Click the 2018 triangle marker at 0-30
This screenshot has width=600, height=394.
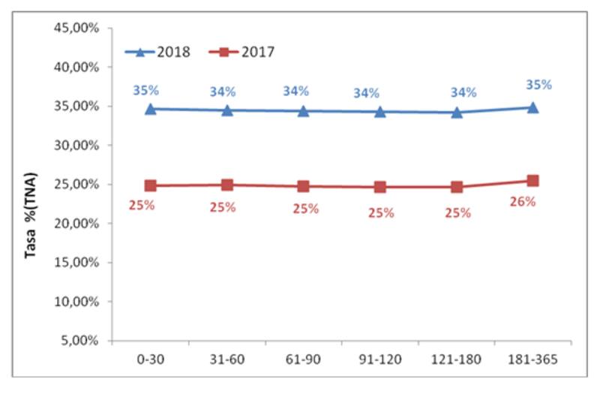(151, 109)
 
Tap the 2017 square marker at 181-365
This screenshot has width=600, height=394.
(532, 181)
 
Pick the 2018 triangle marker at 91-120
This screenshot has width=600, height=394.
(380, 112)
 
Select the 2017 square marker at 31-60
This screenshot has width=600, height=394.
(227, 185)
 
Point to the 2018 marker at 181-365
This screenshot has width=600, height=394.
(532, 107)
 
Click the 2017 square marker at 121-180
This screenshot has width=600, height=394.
(457, 187)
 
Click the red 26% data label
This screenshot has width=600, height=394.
(523, 201)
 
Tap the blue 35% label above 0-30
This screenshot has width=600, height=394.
(145, 91)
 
